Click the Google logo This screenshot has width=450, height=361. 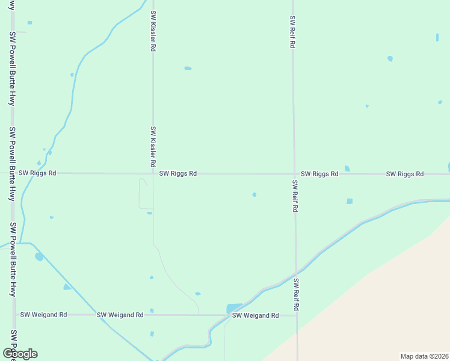tap(20, 354)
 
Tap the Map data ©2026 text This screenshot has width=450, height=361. tap(424, 356)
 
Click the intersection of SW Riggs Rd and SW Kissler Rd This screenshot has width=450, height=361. tap(153, 173)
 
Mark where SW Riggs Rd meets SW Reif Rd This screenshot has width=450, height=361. tap(294, 174)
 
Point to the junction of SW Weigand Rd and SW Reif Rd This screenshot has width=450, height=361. tap(297, 315)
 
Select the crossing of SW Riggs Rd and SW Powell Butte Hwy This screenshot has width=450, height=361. tap(13, 173)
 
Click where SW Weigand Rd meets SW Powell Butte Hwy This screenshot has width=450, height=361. tap(14, 315)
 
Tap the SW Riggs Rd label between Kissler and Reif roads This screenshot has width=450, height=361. tap(178, 173)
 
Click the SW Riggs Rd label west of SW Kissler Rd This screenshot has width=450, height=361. tap(37, 173)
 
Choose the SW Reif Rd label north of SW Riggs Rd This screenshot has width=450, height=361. tap(292, 32)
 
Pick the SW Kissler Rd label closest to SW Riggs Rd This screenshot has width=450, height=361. tap(153, 147)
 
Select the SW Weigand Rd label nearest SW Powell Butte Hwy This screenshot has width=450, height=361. tap(44, 315)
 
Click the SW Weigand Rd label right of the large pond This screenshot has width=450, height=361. tap(256, 315)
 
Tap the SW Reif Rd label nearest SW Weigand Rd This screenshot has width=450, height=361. tap(297, 294)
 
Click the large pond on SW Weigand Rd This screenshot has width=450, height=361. tap(233, 309)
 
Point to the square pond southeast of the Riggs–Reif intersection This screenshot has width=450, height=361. tap(350, 201)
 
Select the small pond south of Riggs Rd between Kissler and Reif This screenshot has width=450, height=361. tap(254, 194)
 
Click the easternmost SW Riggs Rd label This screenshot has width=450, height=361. tap(405, 174)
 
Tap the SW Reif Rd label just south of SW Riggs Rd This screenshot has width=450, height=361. tap(295, 196)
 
